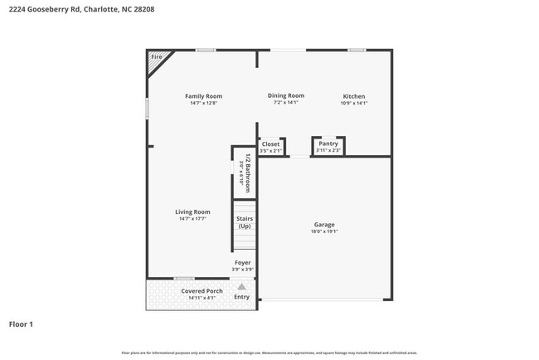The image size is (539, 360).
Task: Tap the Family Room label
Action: click(x=203, y=96)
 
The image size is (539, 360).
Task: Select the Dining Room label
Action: click(x=285, y=95)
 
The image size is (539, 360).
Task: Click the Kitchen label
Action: click(x=354, y=96)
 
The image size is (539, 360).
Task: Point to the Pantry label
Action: click(x=328, y=144)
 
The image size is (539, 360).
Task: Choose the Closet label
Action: click(x=270, y=144)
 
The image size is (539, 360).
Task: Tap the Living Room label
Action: click(x=192, y=212)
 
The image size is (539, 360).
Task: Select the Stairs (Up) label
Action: click(x=245, y=222)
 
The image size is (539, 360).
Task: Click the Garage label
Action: click(x=324, y=225)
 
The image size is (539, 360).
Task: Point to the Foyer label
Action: click(x=242, y=263)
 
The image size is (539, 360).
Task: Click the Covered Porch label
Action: click(x=202, y=291)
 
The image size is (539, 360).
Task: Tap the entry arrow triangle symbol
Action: click(x=241, y=286)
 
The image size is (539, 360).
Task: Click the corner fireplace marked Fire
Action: click(x=156, y=58)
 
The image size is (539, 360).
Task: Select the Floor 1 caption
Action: click(x=21, y=324)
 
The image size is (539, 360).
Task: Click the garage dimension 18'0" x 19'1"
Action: click(x=324, y=231)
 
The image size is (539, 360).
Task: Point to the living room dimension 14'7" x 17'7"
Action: click(x=192, y=218)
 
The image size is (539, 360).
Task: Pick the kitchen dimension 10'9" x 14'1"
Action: click(x=354, y=103)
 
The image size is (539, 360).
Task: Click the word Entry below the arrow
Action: click(x=241, y=296)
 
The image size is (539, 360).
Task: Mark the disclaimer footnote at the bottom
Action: click(x=269, y=353)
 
